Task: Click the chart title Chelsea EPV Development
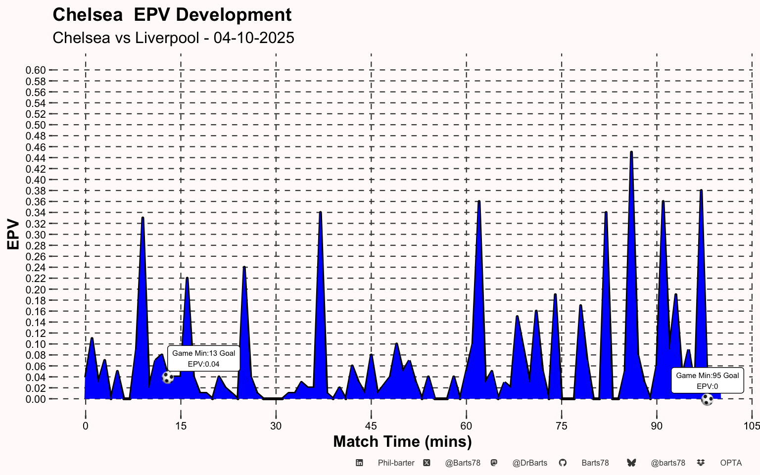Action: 172,15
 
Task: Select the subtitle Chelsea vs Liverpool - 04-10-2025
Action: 173,38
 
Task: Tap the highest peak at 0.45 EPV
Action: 631,152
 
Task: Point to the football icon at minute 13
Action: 168,378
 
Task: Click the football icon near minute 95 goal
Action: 707,399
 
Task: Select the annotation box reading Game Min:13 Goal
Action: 203,358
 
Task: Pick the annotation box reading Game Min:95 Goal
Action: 707,380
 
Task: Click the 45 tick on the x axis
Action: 371,426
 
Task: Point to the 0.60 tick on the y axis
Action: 36,70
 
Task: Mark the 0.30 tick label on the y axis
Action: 36,235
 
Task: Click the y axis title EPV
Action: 13,235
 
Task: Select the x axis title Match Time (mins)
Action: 402,441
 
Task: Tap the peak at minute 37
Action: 321,213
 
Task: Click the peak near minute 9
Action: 142,218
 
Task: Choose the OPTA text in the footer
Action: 731,463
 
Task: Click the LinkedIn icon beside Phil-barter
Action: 360,463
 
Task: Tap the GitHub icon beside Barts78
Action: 563,463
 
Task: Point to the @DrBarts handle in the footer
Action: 529,463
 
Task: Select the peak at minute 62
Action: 479,202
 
